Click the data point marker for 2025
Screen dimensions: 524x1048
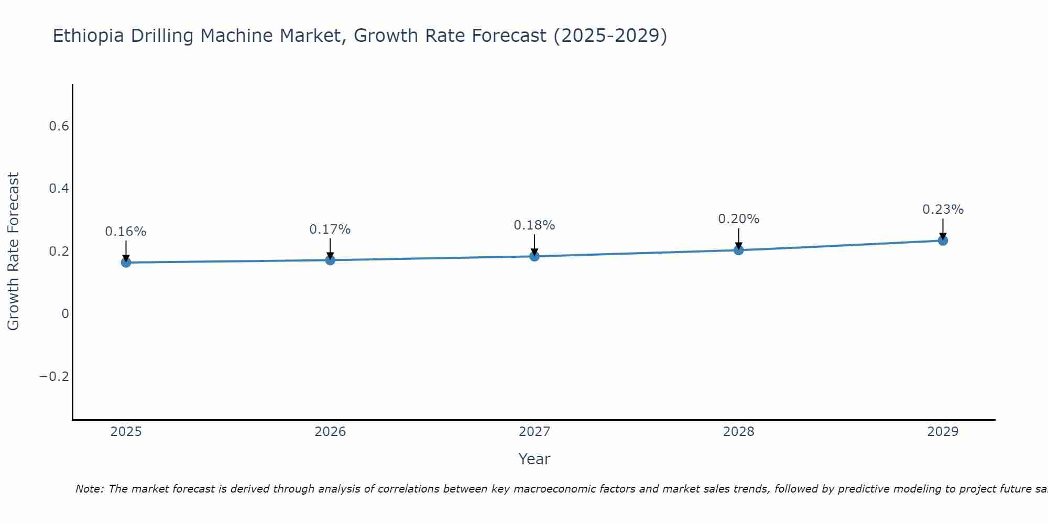(x=126, y=263)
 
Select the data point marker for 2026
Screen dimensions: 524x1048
(x=330, y=260)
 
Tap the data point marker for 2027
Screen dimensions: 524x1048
(x=534, y=256)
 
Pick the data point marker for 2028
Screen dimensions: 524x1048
(x=738, y=250)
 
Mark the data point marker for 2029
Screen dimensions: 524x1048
(x=943, y=241)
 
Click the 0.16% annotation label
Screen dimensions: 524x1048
(x=126, y=232)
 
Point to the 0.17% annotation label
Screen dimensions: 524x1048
(x=330, y=230)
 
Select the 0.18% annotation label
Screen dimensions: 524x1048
(x=534, y=225)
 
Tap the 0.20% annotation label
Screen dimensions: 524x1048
(x=738, y=219)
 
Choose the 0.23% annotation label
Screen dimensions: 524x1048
(x=943, y=210)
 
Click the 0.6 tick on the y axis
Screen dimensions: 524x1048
(x=59, y=126)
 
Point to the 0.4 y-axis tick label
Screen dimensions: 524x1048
(x=59, y=189)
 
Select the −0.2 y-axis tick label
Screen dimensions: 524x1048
(x=54, y=377)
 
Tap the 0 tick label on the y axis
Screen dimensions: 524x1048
(x=65, y=314)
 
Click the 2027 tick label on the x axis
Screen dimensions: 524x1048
(x=534, y=432)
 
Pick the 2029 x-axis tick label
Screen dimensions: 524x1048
(x=943, y=432)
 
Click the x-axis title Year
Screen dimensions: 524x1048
(x=534, y=459)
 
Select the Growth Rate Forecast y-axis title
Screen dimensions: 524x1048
(x=14, y=252)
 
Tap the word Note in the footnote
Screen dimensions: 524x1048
(x=89, y=489)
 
